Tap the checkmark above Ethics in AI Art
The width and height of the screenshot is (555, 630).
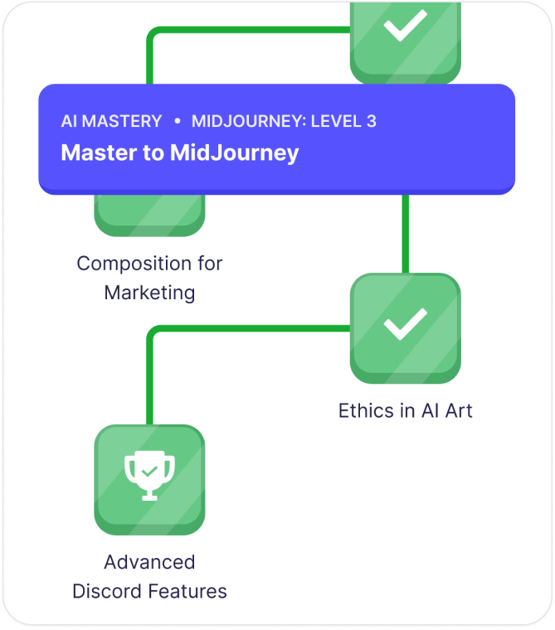click(405, 325)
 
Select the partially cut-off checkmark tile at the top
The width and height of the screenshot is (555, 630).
click(405, 33)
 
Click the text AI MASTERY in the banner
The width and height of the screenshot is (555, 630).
click(111, 121)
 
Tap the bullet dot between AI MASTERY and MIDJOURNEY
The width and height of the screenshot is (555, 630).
click(177, 121)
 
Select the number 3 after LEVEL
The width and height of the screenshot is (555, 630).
click(371, 121)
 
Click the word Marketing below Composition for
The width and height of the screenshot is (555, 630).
click(149, 293)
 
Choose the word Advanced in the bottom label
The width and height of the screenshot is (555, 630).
click(149, 562)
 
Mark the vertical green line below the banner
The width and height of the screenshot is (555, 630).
click(405, 234)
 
